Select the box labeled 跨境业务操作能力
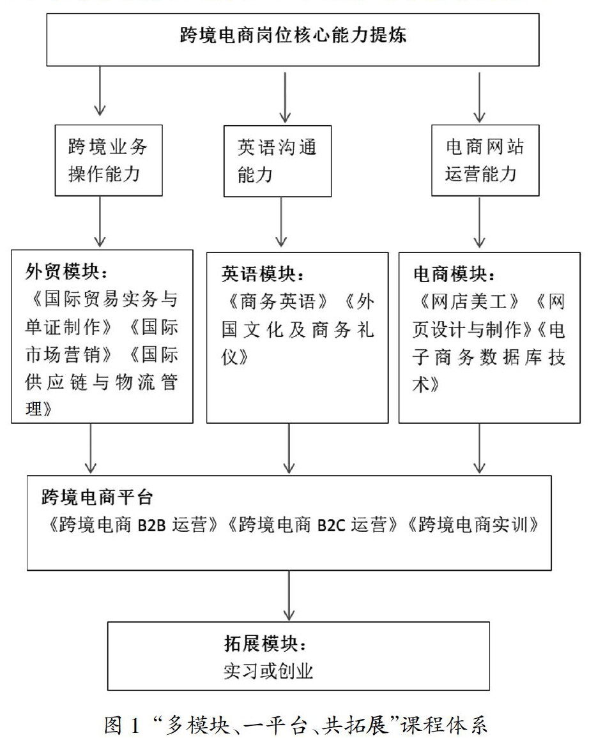click(x=108, y=160)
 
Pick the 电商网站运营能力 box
click(x=484, y=160)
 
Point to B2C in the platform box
click(x=333, y=525)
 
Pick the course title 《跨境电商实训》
click(x=474, y=525)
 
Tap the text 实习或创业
click(x=268, y=671)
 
